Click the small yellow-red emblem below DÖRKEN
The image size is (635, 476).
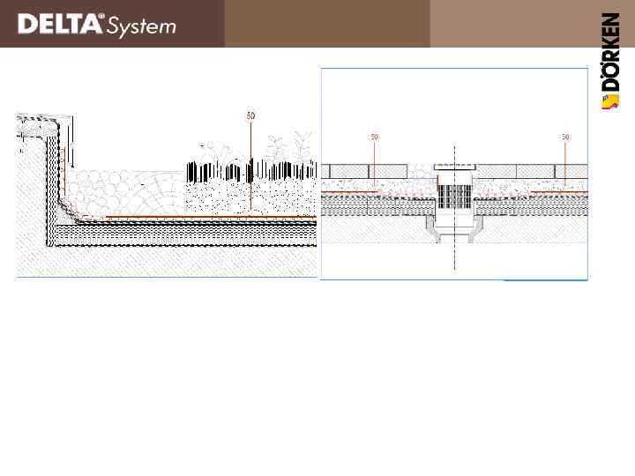point(609,105)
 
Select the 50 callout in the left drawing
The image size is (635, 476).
point(250,115)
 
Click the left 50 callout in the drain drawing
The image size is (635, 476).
point(374,137)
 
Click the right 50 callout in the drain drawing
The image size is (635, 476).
point(565,137)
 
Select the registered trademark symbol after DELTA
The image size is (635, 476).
point(103,17)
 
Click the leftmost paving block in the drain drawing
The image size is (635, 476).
point(340,169)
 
